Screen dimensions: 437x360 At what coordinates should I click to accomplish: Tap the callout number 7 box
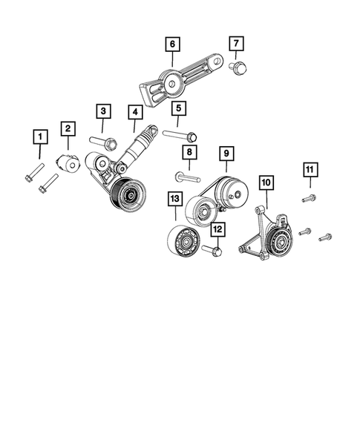click(x=237, y=45)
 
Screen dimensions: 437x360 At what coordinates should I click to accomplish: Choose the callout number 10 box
click(x=266, y=181)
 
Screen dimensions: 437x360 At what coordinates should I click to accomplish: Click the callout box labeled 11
click(x=310, y=171)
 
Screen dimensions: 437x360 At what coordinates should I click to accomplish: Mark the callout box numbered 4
click(x=134, y=113)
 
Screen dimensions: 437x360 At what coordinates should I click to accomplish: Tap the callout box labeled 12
click(x=217, y=231)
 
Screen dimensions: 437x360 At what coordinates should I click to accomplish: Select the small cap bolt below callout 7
click(x=240, y=68)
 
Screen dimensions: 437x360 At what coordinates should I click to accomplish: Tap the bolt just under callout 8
click(x=188, y=177)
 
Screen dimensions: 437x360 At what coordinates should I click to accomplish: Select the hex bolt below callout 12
click(x=213, y=252)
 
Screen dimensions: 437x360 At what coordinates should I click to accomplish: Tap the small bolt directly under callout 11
click(x=310, y=198)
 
